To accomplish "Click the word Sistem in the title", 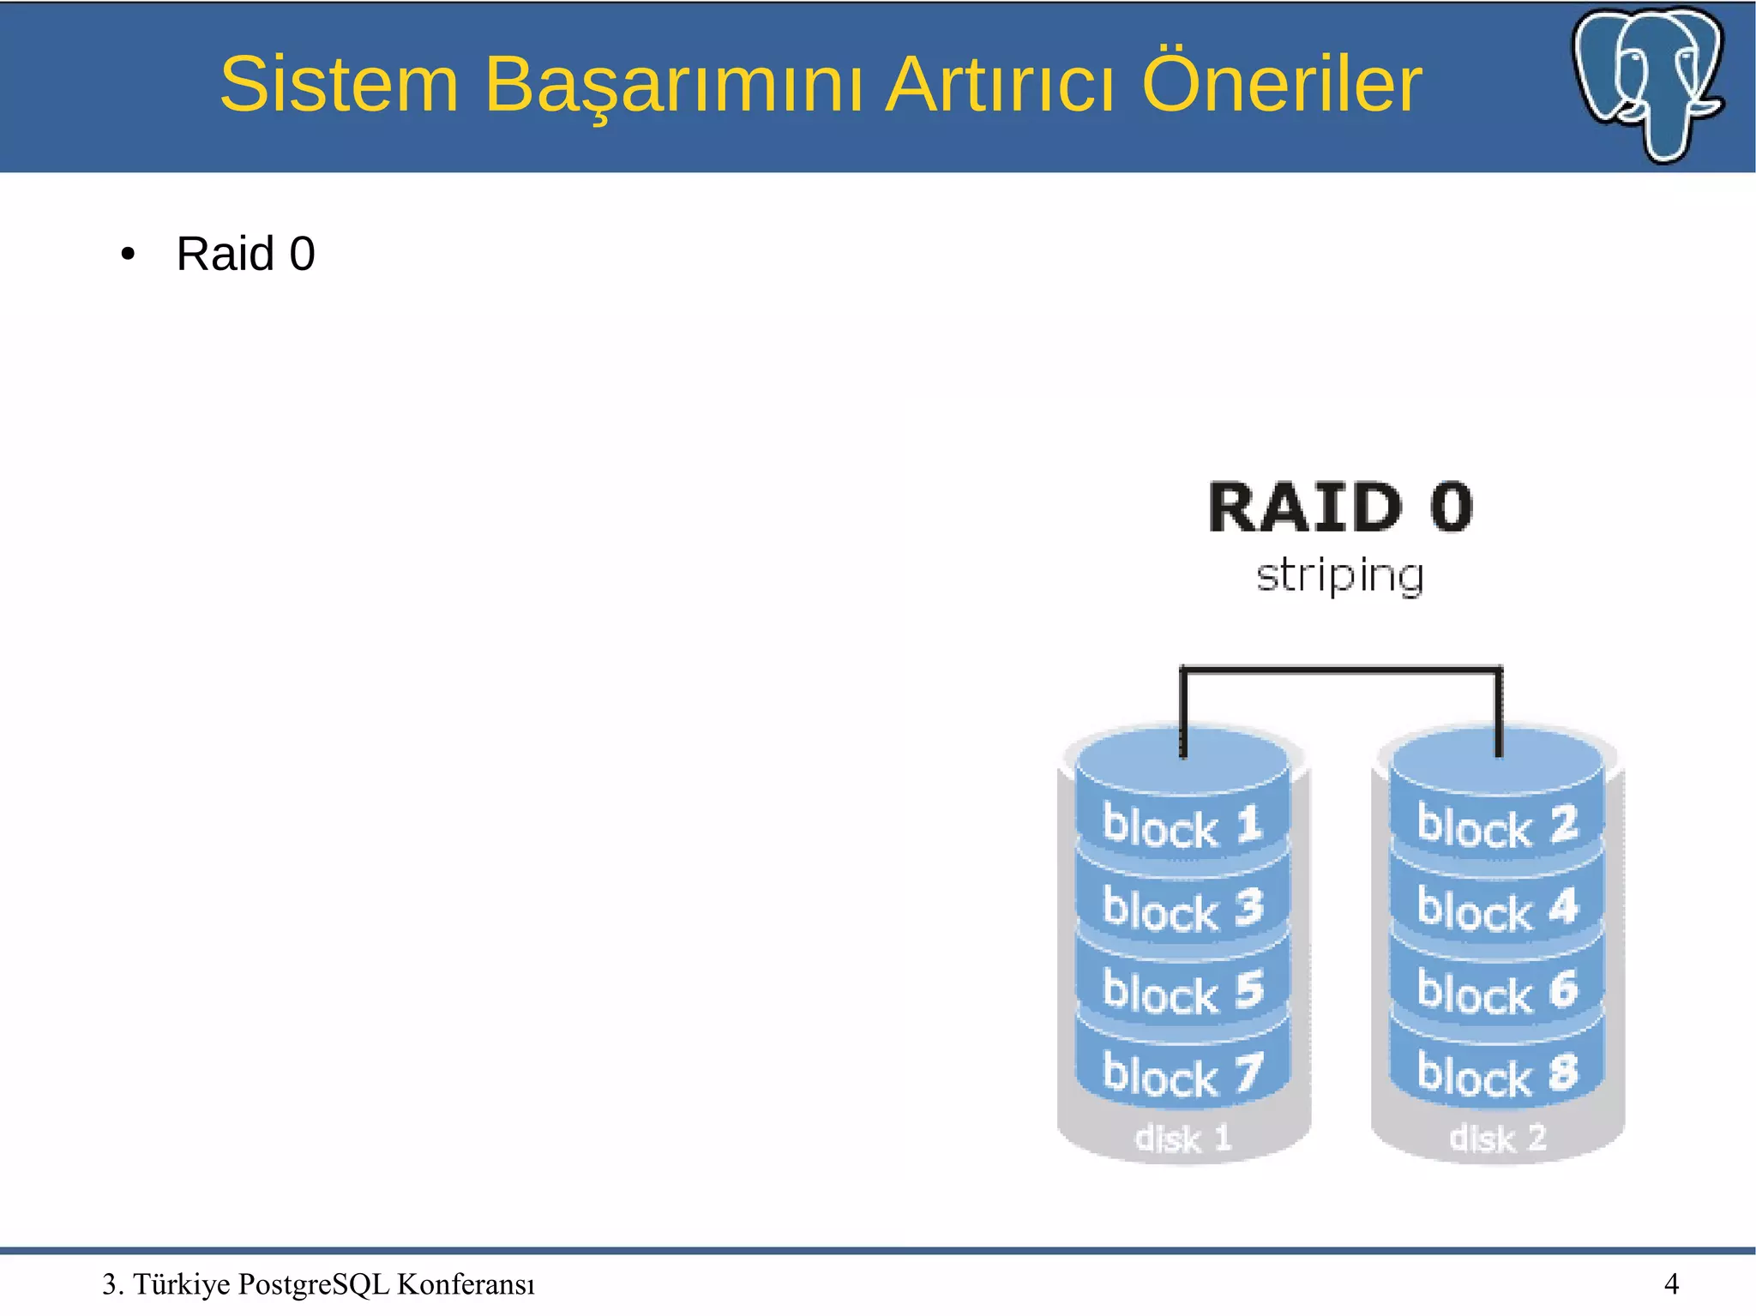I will (340, 84).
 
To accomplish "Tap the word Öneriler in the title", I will (1281, 84).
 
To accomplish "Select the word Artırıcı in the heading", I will (999, 84).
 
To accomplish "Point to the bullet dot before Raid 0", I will (128, 255).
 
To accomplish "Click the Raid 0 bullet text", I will (245, 254).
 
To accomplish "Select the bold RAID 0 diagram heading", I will (1340, 508).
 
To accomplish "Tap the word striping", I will (1340, 575).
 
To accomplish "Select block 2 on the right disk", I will (1496, 826).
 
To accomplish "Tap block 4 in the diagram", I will (1496, 909).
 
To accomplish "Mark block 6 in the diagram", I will (1496, 991).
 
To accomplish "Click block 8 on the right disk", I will (1496, 1074).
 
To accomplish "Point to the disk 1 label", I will (1182, 1139).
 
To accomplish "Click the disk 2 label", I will (1497, 1139).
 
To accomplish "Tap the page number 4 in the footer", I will (1671, 1283).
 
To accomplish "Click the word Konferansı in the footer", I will (466, 1284).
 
